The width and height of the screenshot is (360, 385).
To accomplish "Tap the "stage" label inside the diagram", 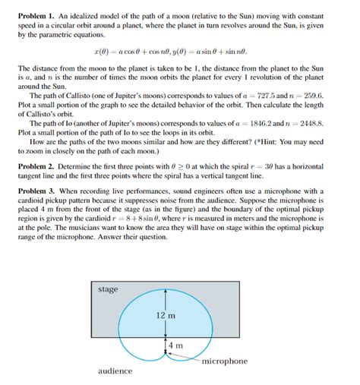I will click(x=109, y=289).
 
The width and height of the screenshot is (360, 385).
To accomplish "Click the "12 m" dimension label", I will click(x=166, y=314).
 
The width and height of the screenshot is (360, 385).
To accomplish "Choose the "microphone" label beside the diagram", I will click(x=225, y=361).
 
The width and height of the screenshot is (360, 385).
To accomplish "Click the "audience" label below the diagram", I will click(x=115, y=371).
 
